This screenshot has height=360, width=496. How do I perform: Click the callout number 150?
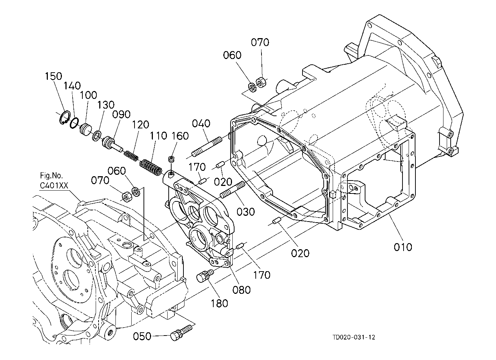(53, 76)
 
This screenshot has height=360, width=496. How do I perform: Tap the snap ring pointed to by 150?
(65, 117)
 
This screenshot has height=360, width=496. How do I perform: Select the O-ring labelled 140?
(74, 123)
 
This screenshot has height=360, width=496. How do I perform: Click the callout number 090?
(121, 114)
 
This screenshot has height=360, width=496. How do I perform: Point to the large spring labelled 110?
(151, 167)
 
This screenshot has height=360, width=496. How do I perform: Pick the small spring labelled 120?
(131, 155)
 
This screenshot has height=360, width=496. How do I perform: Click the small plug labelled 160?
(171, 159)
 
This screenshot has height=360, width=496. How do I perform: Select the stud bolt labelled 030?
(232, 189)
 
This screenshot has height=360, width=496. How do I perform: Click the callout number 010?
(403, 247)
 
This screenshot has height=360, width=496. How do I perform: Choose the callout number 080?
(241, 290)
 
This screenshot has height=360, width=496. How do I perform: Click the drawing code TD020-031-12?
(354, 337)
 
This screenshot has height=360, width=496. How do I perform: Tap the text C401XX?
(54, 185)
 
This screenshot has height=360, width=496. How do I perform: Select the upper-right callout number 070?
(260, 42)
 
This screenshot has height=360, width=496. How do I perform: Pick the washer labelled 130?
(96, 136)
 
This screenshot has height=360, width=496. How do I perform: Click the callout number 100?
(88, 95)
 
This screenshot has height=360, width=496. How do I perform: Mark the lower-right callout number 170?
(262, 275)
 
